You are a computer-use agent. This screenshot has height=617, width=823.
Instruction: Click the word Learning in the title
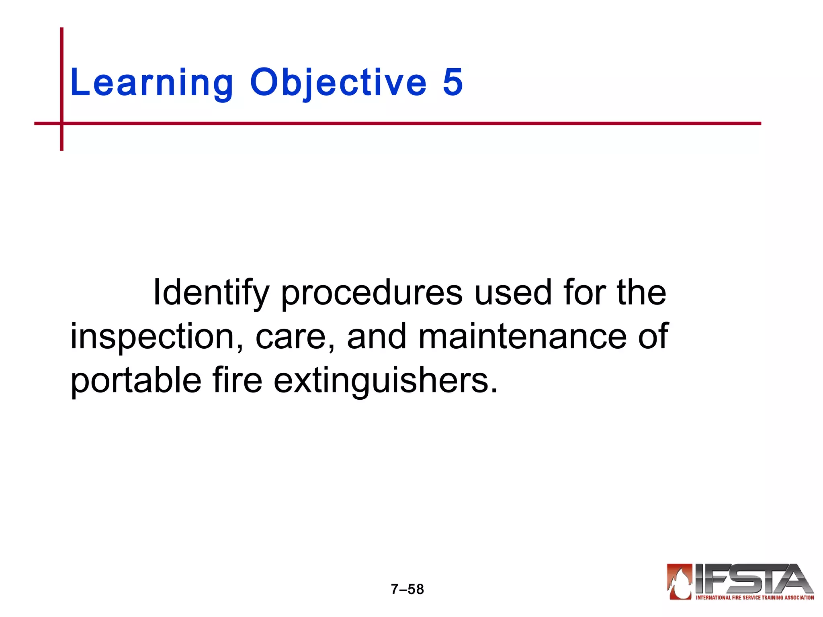click(151, 83)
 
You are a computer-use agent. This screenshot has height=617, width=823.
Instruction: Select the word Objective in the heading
click(338, 83)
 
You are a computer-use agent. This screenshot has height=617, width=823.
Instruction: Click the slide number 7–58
click(407, 589)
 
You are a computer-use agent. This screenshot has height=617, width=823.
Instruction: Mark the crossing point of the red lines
click(62, 123)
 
